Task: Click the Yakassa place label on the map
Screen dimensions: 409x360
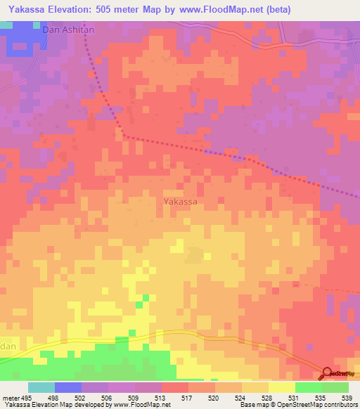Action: click(180, 202)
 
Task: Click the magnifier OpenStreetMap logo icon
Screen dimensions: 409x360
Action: click(328, 374)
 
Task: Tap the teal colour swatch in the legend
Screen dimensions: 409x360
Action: click(41, 387)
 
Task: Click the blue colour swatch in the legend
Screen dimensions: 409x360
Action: click(68, 387)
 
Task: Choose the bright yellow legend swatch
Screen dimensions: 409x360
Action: click(282, 387)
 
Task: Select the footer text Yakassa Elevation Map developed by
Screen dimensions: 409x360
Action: click(56, 405)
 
